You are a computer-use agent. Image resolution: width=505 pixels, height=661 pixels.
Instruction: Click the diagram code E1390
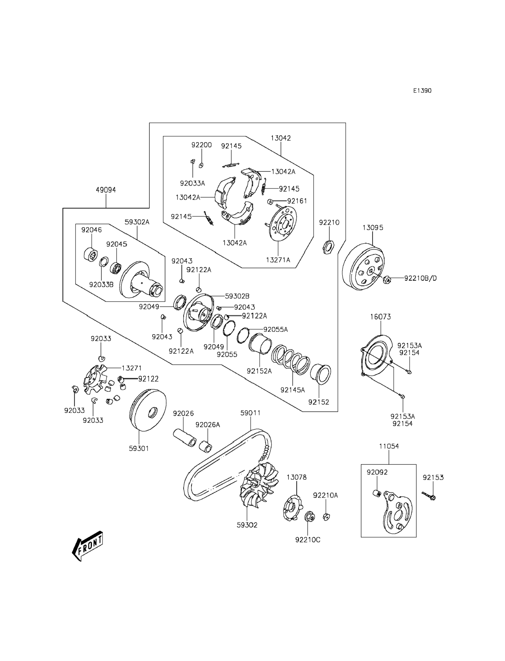[x=422, y=90]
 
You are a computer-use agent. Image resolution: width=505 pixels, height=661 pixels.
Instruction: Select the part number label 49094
[x=106, y=190]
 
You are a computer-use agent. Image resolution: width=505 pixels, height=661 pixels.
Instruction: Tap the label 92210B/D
[x=420, y=278]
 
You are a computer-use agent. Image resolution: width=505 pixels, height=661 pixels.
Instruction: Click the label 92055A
[x=276, y=329]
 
